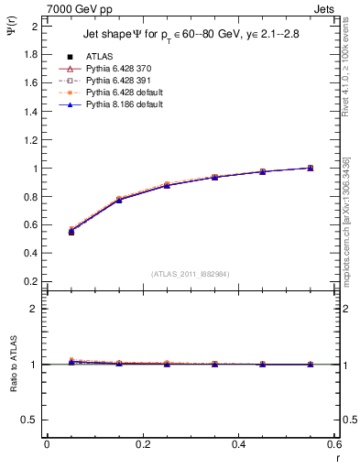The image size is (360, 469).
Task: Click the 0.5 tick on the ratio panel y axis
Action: click(31, 420)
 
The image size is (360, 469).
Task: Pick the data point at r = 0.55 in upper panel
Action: click(311, 168)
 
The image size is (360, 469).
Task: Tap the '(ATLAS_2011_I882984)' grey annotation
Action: click(190, 274)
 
